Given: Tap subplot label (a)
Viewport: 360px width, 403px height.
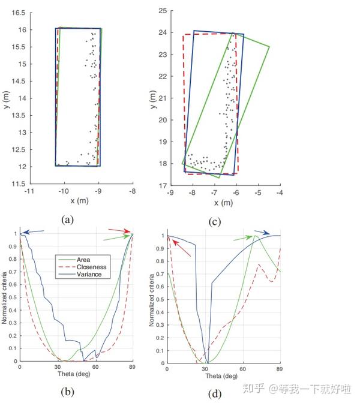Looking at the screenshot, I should [x=67, y=219].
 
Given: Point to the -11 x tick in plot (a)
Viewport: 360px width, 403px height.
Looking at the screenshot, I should [x=28, y=191].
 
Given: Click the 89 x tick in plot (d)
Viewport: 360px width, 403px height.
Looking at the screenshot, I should [x=280, y=368].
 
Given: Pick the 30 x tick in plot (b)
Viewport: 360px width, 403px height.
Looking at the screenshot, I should [x=58, y=367].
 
